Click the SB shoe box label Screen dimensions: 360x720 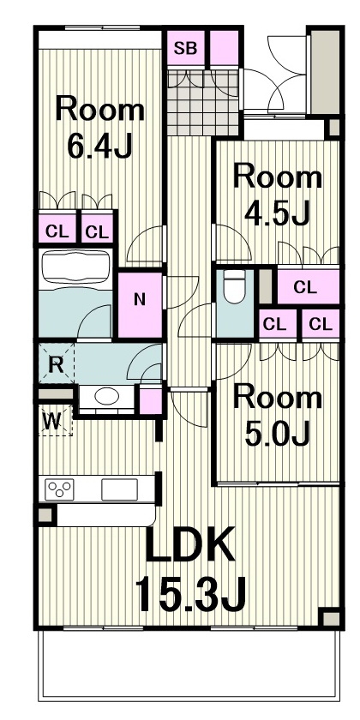(x=185, y=48)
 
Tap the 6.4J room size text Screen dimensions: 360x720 (x=99, y=145)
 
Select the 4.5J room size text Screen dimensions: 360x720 (x=278, y=213)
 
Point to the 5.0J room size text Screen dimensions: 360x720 (x=278, y=433)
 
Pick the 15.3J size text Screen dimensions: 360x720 (x=190, y=594)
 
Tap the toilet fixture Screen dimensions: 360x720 (x=236, y=286)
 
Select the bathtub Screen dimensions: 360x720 (x=75, y=269)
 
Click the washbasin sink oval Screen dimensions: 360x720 (x=107, y=397)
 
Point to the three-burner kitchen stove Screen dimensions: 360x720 (x=59, y=489)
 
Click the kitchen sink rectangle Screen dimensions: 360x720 (x=119, y=489)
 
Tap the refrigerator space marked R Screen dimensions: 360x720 (x=56, y=363)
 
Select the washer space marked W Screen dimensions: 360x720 (x=55, y=421)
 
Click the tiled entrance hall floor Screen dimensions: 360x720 (x=203, y=103)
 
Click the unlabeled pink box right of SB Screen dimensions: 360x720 (x=225, y=48)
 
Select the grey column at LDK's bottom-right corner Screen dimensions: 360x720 (x=331, y=618)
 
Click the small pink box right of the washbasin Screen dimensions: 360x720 (x=151, y=401)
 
